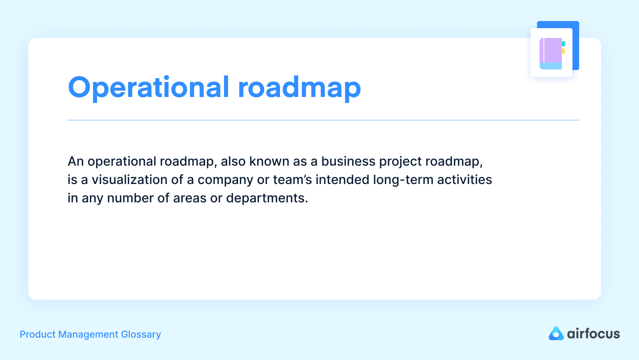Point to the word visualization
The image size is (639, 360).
tap(129, 180)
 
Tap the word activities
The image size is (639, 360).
tap(464, 180)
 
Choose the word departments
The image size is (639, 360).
tap(267, 198)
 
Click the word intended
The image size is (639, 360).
tap(342, 180)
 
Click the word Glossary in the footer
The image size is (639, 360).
tap(141, 334)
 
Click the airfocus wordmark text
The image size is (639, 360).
tap(593, 334)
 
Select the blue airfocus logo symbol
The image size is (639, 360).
tap(556, 334)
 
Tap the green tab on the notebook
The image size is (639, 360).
tap(564, 44)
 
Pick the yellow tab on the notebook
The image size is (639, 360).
tap(564, 51)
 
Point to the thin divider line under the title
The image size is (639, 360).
tap(323, 120)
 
